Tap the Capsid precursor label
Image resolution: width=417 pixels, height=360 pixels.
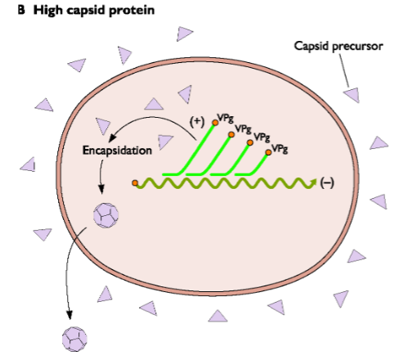339,46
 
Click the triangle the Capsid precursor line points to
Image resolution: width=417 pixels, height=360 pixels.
352,95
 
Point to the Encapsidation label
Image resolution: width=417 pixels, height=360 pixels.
118,151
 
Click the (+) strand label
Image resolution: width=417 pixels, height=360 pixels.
196,120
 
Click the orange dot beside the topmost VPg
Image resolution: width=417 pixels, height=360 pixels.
215,124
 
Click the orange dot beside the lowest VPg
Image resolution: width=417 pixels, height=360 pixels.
268,153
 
